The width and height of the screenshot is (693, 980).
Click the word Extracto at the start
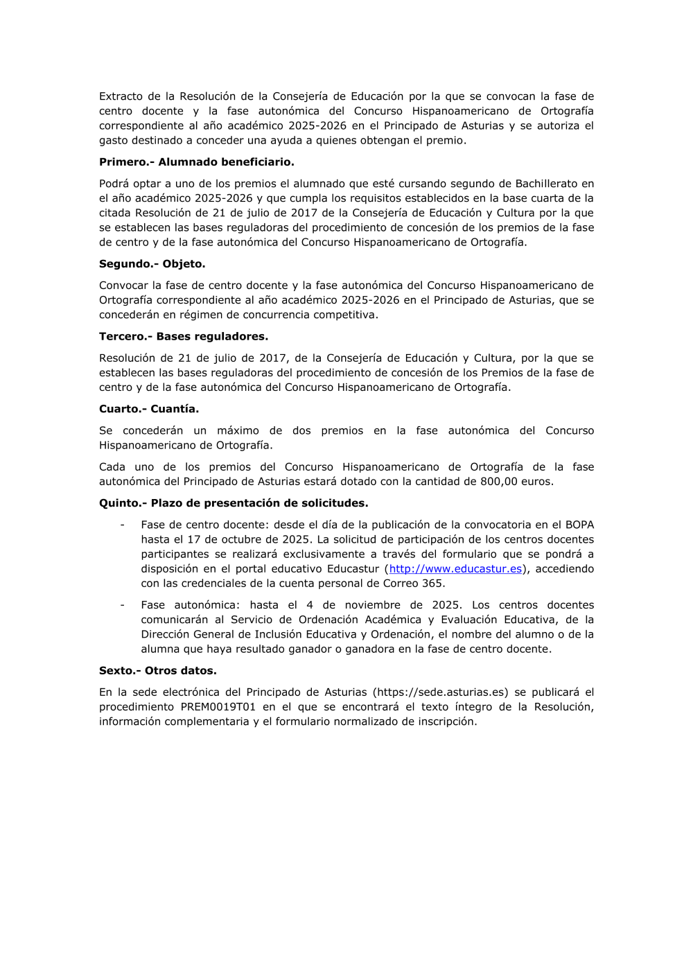tap(121, 96)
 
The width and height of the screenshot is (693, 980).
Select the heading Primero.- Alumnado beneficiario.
tap(196, 162)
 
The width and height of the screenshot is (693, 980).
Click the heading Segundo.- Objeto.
tap(152, 264)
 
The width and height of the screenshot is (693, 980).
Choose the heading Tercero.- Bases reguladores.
tap(183, 337)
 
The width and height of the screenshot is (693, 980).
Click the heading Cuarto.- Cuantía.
tap(148, 409)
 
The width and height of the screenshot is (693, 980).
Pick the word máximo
tap(238, 430)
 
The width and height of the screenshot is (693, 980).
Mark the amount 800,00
tap(498, 482)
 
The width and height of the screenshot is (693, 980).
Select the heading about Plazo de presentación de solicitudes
tap(234, 503)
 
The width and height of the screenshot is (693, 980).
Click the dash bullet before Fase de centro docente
tap(123, 525)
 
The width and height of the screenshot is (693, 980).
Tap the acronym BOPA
tap(579, 525)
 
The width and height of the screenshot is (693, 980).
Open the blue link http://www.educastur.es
tap(455, 569)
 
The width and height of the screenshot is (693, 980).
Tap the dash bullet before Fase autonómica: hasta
tap(123, 605)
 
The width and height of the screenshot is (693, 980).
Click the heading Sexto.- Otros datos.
tap(157, 671)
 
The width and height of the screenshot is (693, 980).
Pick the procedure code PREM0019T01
tap(218, 707)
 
